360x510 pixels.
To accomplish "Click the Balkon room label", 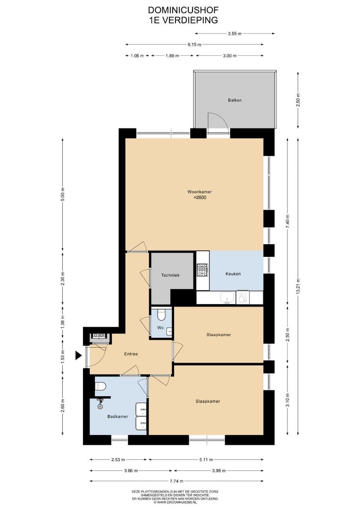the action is pos(234,100).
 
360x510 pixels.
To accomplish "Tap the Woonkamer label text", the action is pos(200,192).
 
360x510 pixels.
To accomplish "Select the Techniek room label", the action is pos(170,275).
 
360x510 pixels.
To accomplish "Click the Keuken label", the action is pos(233,274).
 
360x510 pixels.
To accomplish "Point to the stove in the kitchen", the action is pos(202,270).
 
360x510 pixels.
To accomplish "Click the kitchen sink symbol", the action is pos(226,297).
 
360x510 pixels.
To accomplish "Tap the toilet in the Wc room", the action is pos(161,315).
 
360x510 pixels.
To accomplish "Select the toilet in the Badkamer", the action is pos(100,386).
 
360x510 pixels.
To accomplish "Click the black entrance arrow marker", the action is pos(78,356).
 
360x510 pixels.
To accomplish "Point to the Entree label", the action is pos(131,354).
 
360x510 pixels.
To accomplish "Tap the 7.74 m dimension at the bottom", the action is pos(176,481).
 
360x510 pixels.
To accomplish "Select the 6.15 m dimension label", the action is pos(194,44).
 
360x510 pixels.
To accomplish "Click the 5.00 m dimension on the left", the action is pos(63,195).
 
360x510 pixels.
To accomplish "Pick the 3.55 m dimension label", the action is pos(234,34).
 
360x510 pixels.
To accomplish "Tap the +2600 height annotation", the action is pos(200,197).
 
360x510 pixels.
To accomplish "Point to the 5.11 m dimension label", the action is pos(206,459).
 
